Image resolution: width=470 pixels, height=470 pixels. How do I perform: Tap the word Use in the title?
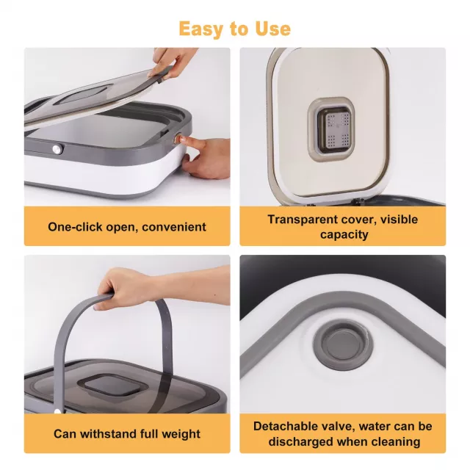(272, 29)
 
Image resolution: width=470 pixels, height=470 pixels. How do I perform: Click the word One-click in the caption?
(75, 227)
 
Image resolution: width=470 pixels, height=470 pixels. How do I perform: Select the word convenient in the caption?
(174, 227)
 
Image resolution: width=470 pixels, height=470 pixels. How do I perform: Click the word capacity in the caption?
(344, 235)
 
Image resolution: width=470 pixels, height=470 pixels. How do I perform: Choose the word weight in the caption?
(181, 434)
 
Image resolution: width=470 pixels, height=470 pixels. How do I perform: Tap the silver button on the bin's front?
(57, 149)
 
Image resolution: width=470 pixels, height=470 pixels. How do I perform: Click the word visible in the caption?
(399, 220)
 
